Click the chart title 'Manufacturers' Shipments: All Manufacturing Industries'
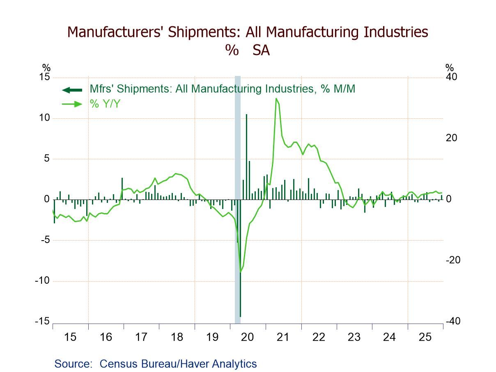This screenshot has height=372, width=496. (x=248, y=32)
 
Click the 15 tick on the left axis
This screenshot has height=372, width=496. (x=44, y=77)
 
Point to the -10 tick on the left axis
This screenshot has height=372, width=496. (x=42, y=281)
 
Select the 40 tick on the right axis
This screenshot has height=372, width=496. (x=452, y=77)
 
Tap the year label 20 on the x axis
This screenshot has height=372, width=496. (x=248, y=338)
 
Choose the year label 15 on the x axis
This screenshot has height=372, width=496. (x=70, y=338)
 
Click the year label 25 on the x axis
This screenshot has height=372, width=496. (x=425, y=338)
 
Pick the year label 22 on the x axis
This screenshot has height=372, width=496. (x=319, y=338)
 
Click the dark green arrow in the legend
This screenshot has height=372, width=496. (x=71, y=90)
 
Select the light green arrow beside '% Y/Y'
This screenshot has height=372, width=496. (x=71, y=104)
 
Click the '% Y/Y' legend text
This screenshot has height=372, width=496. (x=105, y=104)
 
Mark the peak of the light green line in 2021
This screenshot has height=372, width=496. (x=276, y=99)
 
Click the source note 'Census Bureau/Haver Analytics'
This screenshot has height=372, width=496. (x=178, y=364)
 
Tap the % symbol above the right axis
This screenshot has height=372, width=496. (x=450, y=68)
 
